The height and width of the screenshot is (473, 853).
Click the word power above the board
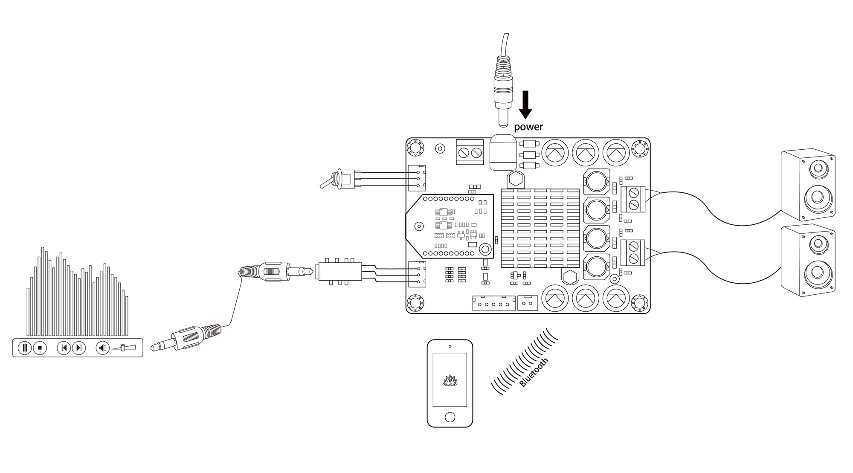(x=528, y=127)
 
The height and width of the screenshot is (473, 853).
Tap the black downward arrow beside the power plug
(x=525, y=104)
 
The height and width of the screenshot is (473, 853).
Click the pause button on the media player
(x=25, y=348)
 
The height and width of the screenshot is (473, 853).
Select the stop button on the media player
(x=40, y=348)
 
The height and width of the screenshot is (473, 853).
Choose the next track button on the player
(x=79, y=348)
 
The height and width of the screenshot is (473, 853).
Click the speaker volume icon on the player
(x=102, y=348)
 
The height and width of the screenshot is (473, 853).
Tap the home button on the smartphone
(x=450, y=417)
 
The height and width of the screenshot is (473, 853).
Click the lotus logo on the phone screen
(x=450, y=380)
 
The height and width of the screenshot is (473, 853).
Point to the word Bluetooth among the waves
(x=534, y=372)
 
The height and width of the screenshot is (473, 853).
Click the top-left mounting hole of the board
(x=415, y=148)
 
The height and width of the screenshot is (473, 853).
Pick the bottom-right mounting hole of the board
(x=640, y=303)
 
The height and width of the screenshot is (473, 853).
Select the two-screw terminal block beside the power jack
(x=470, y=151)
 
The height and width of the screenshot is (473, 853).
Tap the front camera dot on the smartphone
(x=450, y=346)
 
